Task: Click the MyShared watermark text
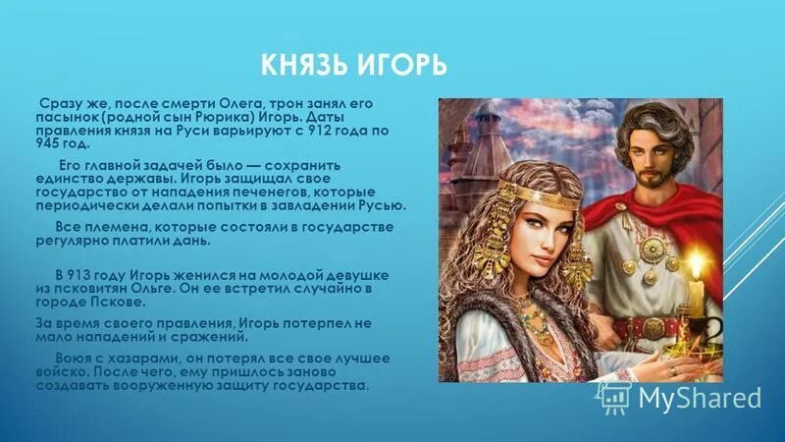[699, 398]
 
